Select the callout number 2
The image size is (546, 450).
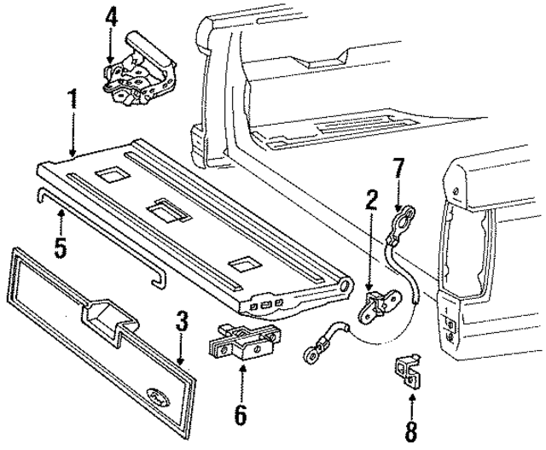371,202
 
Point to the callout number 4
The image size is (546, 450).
111,16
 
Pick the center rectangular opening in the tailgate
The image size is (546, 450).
165,209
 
